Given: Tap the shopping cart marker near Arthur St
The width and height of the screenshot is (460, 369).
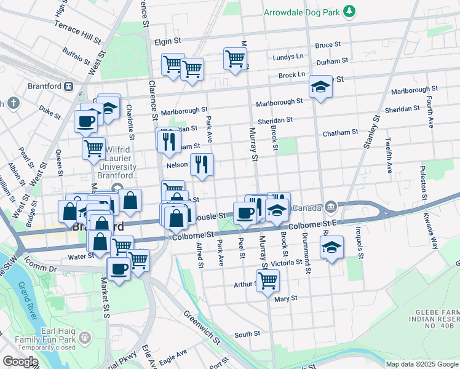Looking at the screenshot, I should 268,281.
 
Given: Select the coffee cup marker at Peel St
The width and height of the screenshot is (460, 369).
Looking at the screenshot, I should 244,213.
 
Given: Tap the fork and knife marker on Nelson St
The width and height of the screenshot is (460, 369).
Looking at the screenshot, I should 201,164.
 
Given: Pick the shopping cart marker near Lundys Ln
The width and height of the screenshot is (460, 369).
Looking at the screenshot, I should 235,59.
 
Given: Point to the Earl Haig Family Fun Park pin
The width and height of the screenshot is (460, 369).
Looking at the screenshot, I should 84,337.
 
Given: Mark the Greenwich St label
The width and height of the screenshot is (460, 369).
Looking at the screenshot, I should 200,326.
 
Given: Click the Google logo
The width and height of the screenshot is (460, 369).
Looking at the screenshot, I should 21,362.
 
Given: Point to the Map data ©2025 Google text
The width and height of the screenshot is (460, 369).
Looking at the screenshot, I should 421,364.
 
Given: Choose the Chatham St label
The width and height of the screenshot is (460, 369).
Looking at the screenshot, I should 341,132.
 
